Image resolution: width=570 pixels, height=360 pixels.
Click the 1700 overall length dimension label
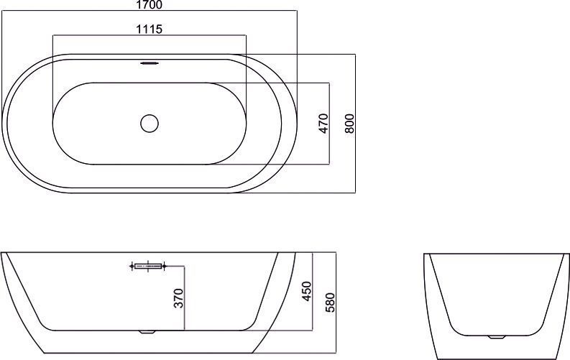(149, 5)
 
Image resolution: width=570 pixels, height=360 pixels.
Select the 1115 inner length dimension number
(149, 29)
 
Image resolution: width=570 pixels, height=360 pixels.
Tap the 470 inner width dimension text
(323, 124)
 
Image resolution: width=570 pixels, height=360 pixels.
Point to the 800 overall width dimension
(349, 124)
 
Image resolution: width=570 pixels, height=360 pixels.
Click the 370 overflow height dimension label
(178, 298)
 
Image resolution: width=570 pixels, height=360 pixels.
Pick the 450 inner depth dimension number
(307, 291)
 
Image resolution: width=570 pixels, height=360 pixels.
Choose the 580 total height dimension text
(330, 303)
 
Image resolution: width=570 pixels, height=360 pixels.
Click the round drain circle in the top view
(150, 124)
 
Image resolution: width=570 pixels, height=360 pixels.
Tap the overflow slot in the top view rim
(150, 63)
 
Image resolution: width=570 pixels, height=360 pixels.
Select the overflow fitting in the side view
(148, 267)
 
